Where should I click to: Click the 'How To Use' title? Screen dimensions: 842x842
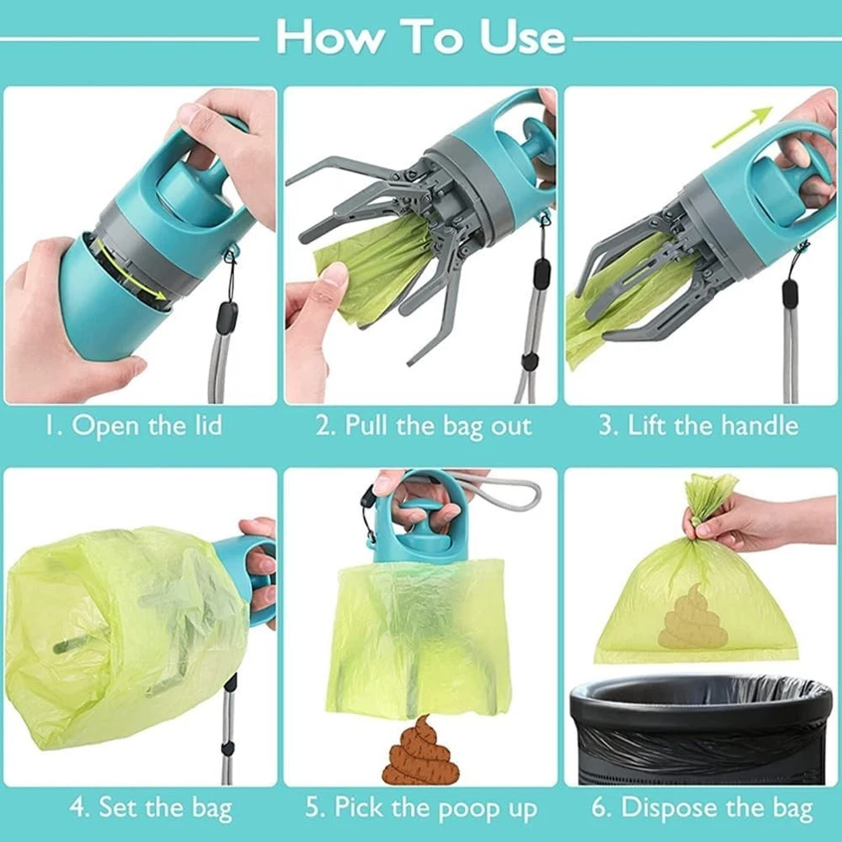(420, 37)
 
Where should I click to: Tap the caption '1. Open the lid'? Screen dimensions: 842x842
(133, 426)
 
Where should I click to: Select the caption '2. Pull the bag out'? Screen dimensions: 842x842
(424, 426)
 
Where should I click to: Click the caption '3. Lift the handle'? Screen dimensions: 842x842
(699, 426)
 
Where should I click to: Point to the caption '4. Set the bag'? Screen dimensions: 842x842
(151, 807)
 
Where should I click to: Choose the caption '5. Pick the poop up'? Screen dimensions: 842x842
(421, 807)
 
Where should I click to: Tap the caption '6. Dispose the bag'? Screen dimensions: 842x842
(702, 807)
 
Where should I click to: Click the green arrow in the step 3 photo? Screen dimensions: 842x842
(742, 126)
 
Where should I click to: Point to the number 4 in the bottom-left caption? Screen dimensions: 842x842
(77, 808)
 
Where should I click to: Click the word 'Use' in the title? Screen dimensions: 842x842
(523, 37)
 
